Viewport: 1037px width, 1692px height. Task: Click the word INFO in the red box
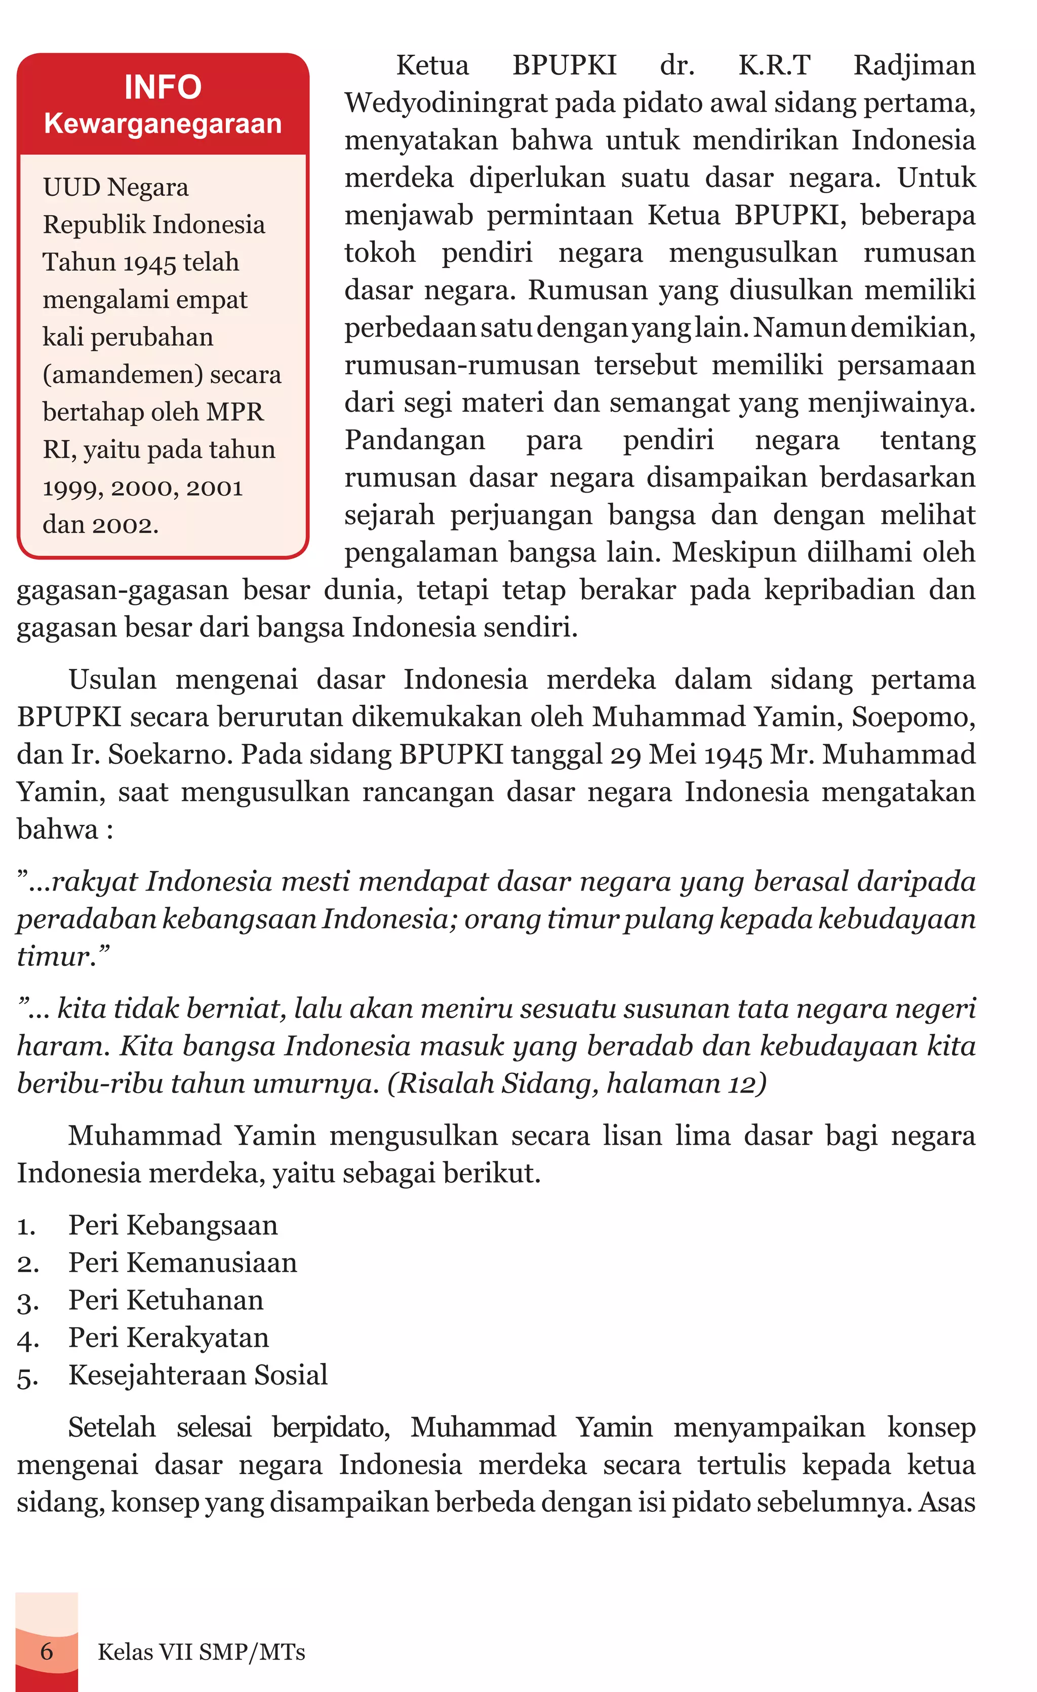coord(163,87)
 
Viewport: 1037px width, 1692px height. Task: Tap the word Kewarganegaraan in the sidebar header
coord(163,124)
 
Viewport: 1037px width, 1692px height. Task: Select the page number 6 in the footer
coord(47,1651)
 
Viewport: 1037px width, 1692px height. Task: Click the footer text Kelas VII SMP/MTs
coord(201,1651)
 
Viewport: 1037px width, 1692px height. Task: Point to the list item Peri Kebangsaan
coord(173,1225)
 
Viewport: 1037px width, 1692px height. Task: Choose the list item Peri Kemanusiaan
coord(183,1263)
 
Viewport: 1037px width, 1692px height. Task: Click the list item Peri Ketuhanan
coord(166,1300)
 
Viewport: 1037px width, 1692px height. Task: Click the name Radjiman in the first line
coord(914,66)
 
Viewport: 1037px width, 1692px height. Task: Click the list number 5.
coord(26,1377)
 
